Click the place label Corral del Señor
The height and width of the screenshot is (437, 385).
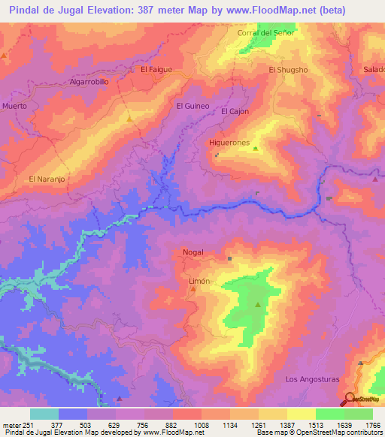(265, 33)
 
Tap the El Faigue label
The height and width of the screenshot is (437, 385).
(156, 69)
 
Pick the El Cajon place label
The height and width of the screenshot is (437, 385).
(235, 111)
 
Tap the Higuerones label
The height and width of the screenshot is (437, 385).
(233, 141)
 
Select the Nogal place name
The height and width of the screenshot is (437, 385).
(193, 252)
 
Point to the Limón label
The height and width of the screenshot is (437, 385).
(198, 280)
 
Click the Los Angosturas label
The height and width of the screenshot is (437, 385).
(313, 380)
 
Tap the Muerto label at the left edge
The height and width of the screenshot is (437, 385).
(14, 106)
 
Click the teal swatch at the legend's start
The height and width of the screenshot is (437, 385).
(44, 414)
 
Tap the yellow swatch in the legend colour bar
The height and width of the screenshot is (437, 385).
(301, 414)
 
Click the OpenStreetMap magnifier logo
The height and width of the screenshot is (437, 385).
(350, 399)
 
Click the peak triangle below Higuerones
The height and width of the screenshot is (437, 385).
(255, 149)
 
